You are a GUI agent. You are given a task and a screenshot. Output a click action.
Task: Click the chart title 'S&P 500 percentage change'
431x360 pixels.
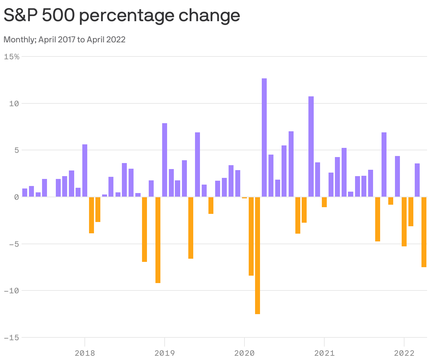click(x=122, y=16)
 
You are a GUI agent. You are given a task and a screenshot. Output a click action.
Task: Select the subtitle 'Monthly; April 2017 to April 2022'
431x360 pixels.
click(x=64, y=40)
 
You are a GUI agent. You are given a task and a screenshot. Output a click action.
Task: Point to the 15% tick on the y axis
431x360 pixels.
click(x=12, y=56)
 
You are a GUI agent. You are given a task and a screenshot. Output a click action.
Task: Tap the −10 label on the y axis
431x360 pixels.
click(x=12, y=291)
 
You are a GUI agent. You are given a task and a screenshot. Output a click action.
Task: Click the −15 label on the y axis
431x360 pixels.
click(x=12, y=338)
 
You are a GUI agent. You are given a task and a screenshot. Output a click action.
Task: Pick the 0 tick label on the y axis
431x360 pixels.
click(x=16, y=197)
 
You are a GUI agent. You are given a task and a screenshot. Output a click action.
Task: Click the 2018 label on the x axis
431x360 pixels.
click(x=85, y=353)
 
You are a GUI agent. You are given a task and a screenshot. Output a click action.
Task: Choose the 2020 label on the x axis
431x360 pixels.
click(x=244, y=353)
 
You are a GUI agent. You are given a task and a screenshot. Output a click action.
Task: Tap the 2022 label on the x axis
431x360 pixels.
click(x=404, y=353)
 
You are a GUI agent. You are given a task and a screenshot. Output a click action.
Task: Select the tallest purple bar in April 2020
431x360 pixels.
click(x=264, y=138)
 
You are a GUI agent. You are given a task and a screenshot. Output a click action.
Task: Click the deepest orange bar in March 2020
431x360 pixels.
click(x=258, y=256)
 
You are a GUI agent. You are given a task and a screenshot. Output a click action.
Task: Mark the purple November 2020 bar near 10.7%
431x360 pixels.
click(x=311, y=146)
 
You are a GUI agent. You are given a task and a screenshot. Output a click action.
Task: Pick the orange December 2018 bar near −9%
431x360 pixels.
click(x=158, y=240)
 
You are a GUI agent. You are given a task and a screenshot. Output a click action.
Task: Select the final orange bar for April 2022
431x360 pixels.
click(x=424, y=232)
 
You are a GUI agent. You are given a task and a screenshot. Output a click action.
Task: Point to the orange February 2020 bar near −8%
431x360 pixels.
click(x=251, y=236)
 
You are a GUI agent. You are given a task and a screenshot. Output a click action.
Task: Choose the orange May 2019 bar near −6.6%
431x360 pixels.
click(x=191, y=228)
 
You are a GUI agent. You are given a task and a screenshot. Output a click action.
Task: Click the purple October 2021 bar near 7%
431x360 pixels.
click(x=384, y=164)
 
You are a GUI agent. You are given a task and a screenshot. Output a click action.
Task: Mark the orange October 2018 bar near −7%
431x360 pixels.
click(x=144, y=229)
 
